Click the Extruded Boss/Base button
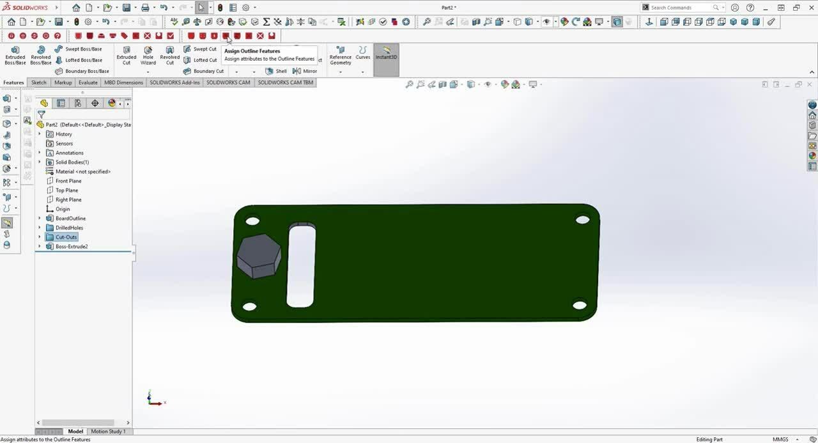click(x=15, y=55)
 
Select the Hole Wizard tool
click(x=148, y=55)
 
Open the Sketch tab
click(x=39, y=82)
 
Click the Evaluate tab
click(x=88, y=82)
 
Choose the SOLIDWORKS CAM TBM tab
click(x=285, y=82)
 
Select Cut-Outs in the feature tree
click(x=66, y=237)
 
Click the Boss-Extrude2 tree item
click(x=71, y=247)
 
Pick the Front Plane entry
click(x=68, y=181)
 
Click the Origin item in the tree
click(x=62, y=209)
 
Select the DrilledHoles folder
click(x=69, y=228)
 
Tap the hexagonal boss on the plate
click(x=259, y=255)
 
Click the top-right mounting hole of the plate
click(x=582, y=220)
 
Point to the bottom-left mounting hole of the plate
click(x=250, y=307)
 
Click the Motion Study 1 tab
click(x=108, y=431)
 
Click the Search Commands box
click(x=681, y=8)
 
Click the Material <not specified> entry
click(x=82, y=171)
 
